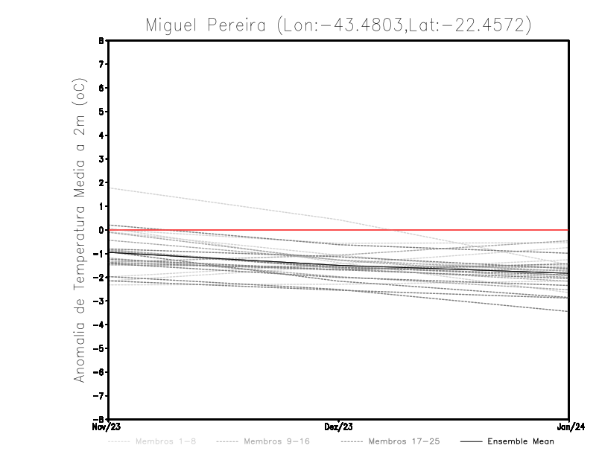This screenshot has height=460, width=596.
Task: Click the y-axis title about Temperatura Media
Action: click(80, 230)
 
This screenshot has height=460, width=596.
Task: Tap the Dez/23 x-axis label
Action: click(339, 427)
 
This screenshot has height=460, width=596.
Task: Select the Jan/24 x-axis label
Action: click(570, 427)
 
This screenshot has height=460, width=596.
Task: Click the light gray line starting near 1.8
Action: click(223, 204)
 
